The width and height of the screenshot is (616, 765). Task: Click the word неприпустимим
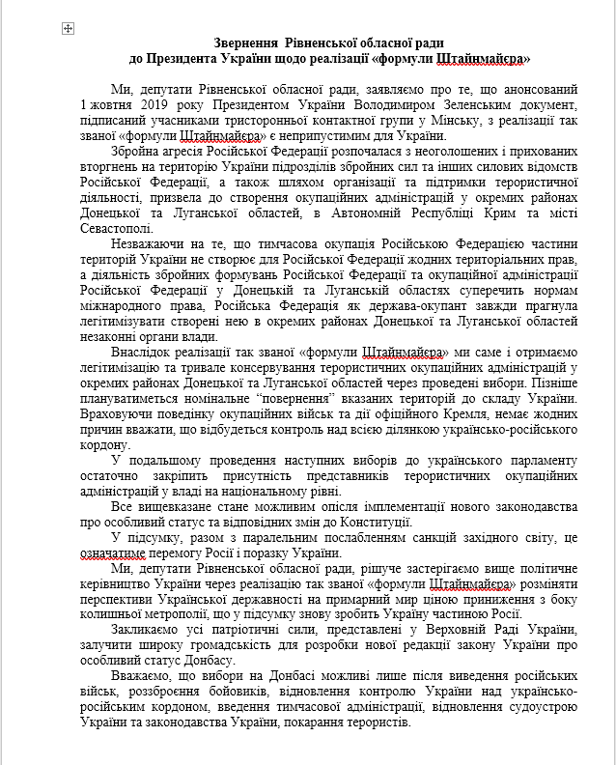(x=320, y=134)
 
